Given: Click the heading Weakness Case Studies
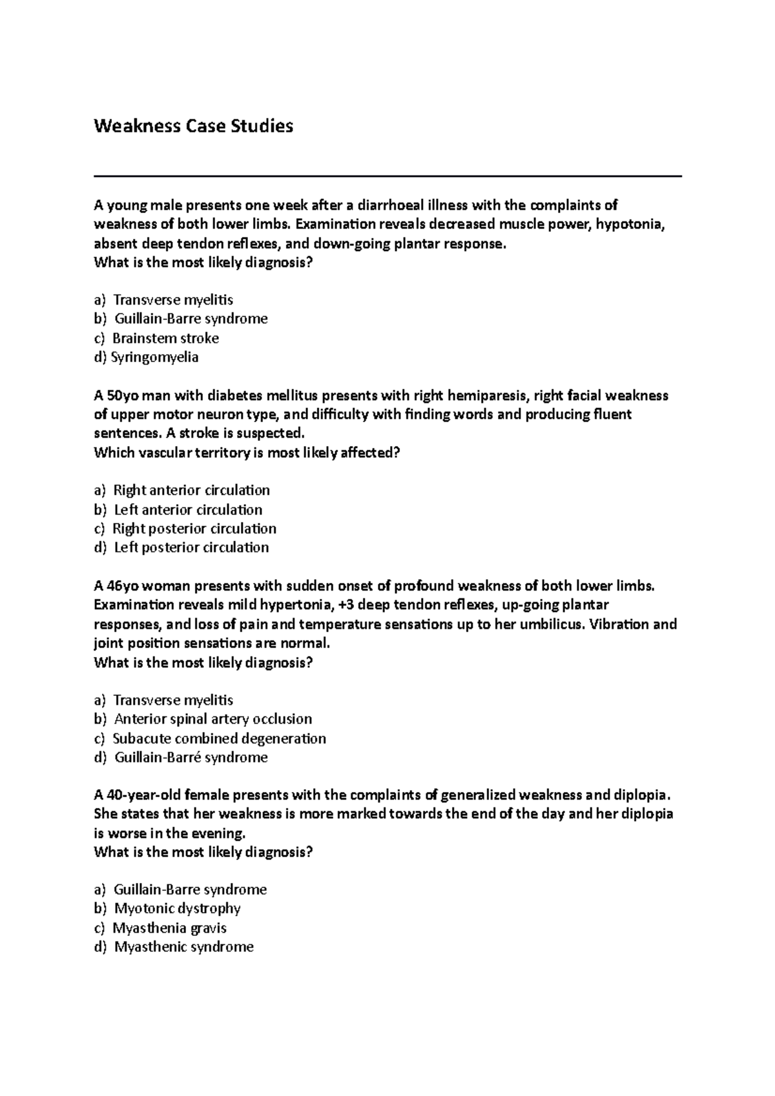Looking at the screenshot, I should coord(193,126).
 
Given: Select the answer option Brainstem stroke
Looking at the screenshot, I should coord(165,338).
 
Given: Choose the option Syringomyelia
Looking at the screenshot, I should coord(155,357).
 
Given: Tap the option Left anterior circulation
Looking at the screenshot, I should coord(188,509).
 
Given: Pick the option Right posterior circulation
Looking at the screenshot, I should coord(194,529).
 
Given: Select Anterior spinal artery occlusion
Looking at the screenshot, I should coord(212,719).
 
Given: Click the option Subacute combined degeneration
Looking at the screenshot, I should coord(219,738).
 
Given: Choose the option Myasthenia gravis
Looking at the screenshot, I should coord(169,928).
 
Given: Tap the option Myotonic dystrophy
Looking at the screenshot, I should coord(177,909).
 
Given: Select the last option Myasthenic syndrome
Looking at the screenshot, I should coord(183,947).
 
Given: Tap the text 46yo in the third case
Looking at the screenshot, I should coord(122,586).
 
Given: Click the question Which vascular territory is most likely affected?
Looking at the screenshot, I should coord(247,452).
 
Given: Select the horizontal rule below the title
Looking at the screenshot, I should coord(387,176).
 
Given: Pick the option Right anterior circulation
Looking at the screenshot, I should coord(191,491).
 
